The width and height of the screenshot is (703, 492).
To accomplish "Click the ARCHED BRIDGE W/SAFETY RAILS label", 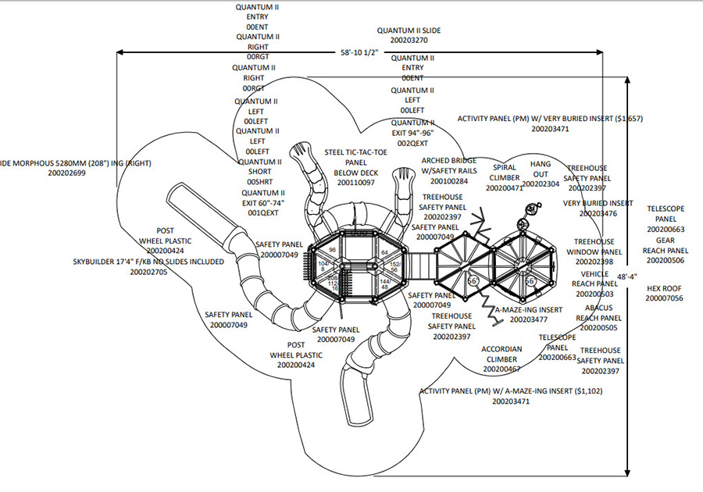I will (x=449, y=166).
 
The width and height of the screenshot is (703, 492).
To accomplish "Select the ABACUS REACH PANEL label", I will (x=598, y=312).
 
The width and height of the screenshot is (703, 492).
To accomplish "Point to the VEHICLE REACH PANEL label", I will (x=597, y=283).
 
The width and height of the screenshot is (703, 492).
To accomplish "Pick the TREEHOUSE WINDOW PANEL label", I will (x=598, y=247).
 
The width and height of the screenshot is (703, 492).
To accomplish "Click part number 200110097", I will (x=356, y=182).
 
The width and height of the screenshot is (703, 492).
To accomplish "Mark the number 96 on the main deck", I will (x=332, y=250).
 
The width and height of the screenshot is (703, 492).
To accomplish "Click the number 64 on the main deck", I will (x=384, y=252).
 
